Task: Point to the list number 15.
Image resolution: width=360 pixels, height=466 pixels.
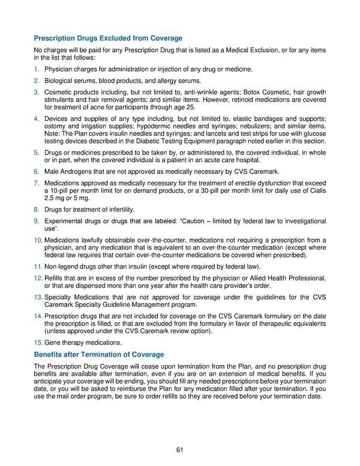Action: point(38,343)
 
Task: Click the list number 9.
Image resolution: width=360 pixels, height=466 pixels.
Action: point(37,221)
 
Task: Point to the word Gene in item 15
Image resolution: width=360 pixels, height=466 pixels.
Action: point(53,343)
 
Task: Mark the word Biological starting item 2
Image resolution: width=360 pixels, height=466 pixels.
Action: point(61,80)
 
